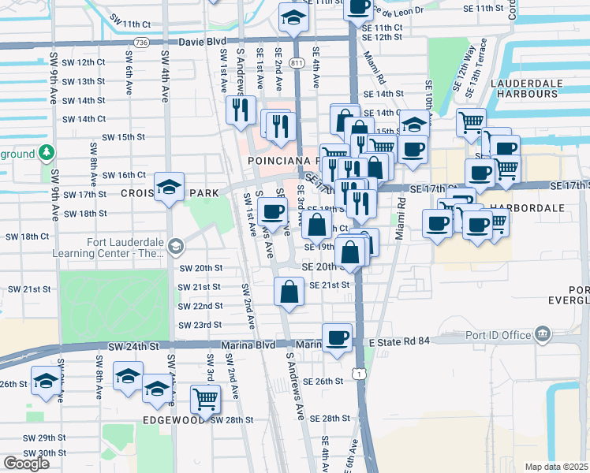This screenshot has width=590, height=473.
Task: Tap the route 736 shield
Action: (141, 42)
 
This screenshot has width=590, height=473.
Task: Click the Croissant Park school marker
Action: (169, 188)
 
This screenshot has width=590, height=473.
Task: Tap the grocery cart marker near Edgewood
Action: (205, 399)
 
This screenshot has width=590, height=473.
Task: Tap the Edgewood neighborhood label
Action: (174, 420)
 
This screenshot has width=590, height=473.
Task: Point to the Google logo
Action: (26, 464)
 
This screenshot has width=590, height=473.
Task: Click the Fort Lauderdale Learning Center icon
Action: (174, 247)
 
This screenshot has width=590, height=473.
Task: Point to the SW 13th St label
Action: (84, 81)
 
